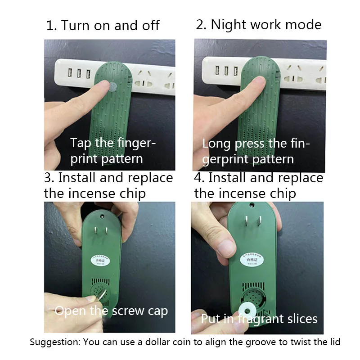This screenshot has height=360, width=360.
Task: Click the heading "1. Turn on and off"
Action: point(103,25)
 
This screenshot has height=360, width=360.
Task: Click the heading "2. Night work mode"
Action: point(259,24)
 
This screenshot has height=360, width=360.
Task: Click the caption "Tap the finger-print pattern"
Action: point(113,151)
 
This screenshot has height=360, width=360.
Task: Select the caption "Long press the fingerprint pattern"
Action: point(256,151)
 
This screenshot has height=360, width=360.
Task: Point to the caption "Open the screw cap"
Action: point(111,310)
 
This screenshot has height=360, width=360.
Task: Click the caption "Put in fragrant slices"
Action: point(259,319)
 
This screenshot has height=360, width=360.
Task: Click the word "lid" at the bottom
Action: point(333,342)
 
